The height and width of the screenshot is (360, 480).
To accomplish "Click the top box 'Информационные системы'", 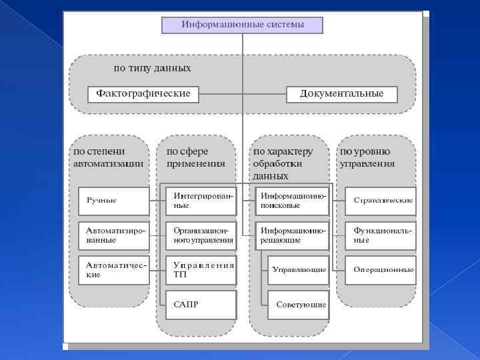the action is click(x=242, y=25).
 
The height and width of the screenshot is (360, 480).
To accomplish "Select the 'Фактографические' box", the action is click(x=143, y=94).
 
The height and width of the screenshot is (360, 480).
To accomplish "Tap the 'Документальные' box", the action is click(x=341, y=94).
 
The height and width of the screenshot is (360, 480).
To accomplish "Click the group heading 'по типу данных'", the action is click(x=152, y=68).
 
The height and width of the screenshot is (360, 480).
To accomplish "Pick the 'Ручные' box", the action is click(x=113, y=201).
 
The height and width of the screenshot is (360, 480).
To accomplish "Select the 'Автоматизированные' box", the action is click(x=113, y=235).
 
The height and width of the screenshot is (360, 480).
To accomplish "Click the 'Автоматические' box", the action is click(x=113, y=270).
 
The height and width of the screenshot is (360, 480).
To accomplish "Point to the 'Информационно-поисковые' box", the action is click(x=293, y=201).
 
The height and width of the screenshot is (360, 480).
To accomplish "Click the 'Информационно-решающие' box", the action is click(x=293, y=235).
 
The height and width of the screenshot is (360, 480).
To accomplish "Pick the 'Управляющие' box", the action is click(x=298, y=270).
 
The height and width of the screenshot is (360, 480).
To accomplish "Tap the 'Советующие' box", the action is click(x=298, y=305).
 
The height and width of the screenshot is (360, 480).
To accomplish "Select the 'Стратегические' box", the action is click(x=381, y=201).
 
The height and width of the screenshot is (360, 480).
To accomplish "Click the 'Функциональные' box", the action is click(x=381, y=235).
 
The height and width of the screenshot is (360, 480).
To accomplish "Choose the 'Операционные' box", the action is click(x=381, y=270).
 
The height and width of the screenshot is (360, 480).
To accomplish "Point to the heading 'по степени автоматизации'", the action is click(x=108, y=157).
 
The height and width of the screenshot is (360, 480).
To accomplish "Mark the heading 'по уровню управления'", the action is click(x=367, y=157).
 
